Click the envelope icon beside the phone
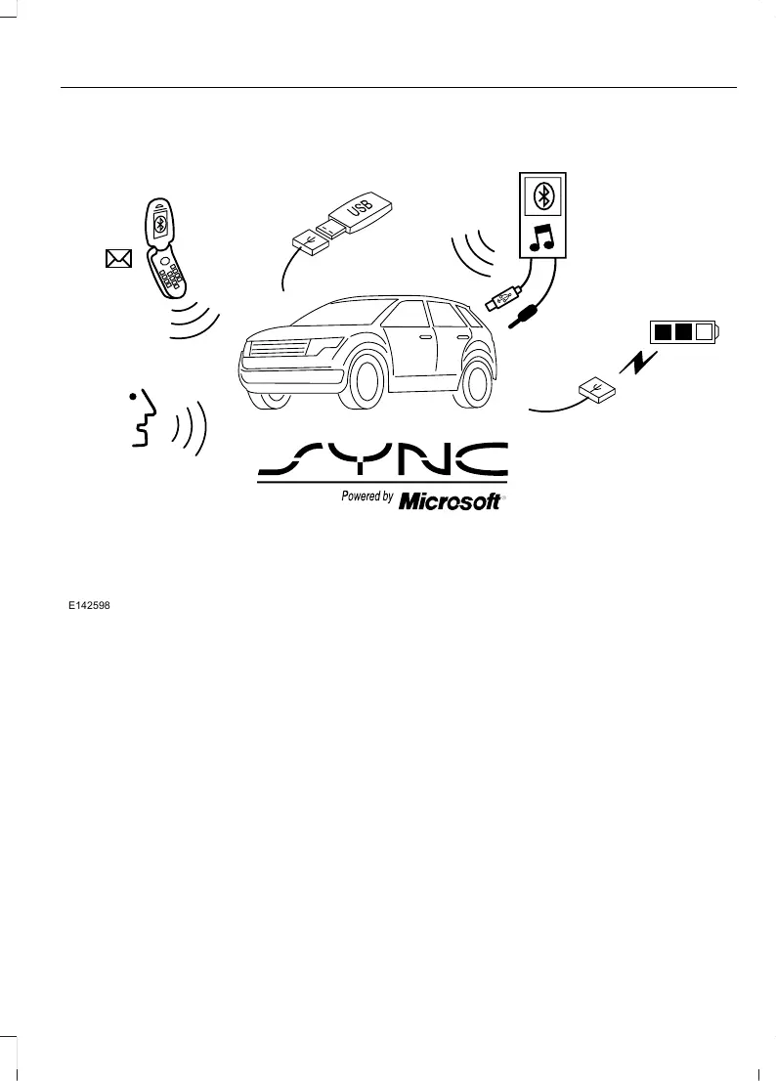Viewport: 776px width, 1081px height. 118,258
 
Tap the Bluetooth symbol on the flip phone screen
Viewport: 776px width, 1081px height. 162,224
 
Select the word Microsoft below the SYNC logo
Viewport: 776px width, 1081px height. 451,499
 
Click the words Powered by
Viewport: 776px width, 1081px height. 367,497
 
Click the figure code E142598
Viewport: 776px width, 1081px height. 88,607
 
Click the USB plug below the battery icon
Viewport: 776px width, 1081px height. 595,390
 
